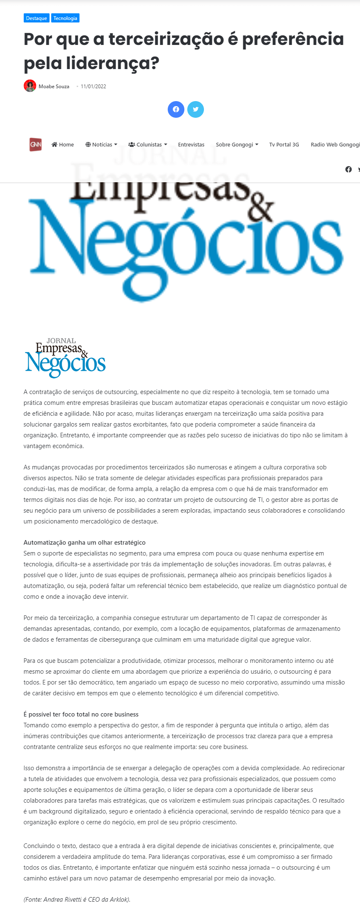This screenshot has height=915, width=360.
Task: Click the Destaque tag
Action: [36, 18]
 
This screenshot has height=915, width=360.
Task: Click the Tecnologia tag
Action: [65, 18]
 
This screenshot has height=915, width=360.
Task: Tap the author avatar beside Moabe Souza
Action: [30, 86]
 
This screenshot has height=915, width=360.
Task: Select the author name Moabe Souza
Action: [54, 87]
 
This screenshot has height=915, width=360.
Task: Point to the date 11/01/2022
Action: [93, 87]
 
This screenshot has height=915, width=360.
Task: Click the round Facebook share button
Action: [176, 109]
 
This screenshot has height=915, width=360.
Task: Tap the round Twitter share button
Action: [196, 109]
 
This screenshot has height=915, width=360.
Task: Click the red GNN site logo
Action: [35, 144]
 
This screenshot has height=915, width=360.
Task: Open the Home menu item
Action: [63, 145]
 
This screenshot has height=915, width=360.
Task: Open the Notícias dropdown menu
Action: [101, 145]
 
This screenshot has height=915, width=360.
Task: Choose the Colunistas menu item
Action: [148, 145]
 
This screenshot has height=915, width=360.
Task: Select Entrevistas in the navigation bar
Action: [191, 145]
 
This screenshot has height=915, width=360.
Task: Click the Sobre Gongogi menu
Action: [237, 145]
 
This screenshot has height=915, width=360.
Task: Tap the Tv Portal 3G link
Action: [284, 145]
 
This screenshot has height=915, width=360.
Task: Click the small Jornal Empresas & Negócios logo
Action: [65, 358]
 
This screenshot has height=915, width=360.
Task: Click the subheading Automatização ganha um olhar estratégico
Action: [84, 543]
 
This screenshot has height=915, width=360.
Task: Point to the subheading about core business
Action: [81, 714]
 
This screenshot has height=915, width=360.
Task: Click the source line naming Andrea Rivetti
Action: [77, 899]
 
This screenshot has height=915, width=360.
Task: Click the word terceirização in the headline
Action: [166, 39]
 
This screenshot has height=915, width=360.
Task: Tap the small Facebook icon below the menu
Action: [348, 169]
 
